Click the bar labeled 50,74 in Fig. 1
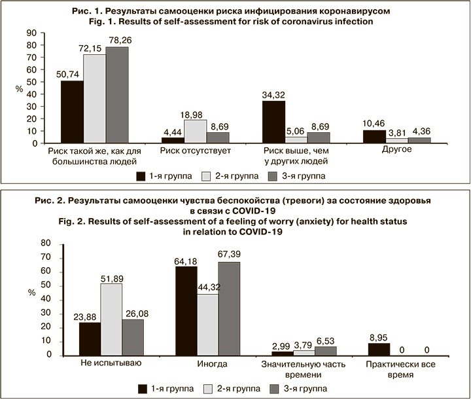coord(71,111)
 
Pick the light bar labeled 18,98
coord(196,130)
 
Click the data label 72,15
coord(94,50)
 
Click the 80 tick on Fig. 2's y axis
coord(46,243)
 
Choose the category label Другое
coord(398,150)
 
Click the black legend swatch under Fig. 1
coord(141,175)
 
